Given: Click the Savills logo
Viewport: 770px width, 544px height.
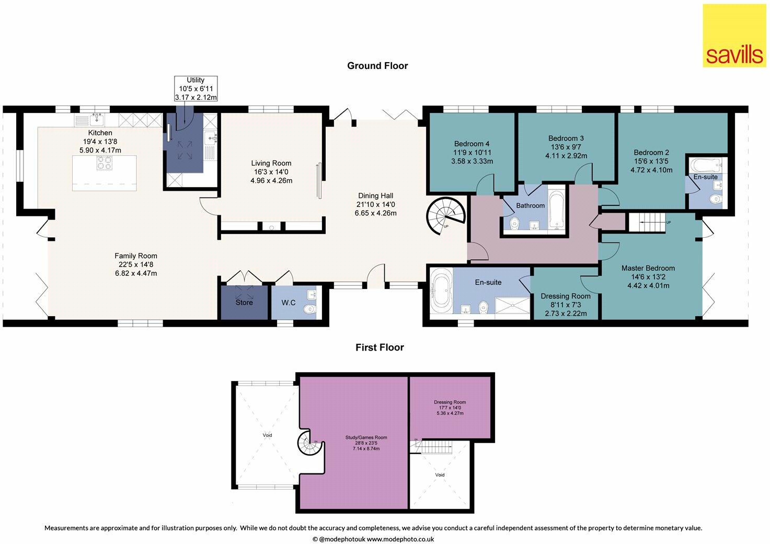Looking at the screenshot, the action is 734,36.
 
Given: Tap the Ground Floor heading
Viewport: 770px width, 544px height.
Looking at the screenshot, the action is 377,66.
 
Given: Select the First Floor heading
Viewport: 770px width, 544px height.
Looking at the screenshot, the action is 380,348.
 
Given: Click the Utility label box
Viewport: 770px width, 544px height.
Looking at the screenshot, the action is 196,89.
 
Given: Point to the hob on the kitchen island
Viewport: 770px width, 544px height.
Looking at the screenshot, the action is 105,163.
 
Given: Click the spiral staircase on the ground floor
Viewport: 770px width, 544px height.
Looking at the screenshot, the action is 446,216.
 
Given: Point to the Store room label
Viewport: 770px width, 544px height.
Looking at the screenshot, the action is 244,303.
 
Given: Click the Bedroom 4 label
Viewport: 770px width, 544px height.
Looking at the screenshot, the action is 472,144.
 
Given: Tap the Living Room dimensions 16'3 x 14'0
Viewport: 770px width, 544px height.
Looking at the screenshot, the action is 271,172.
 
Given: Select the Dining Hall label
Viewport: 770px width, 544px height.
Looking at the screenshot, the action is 375,196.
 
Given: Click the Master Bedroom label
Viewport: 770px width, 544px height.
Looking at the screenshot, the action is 648,268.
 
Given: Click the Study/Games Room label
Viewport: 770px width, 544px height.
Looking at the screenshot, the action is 366,437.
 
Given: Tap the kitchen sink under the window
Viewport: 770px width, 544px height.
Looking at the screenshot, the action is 98,120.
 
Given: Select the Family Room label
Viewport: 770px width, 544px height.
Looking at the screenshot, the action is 136,256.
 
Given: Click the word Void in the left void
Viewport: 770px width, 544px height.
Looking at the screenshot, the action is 267,435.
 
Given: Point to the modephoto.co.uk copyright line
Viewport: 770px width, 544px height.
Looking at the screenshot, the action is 373,539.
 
